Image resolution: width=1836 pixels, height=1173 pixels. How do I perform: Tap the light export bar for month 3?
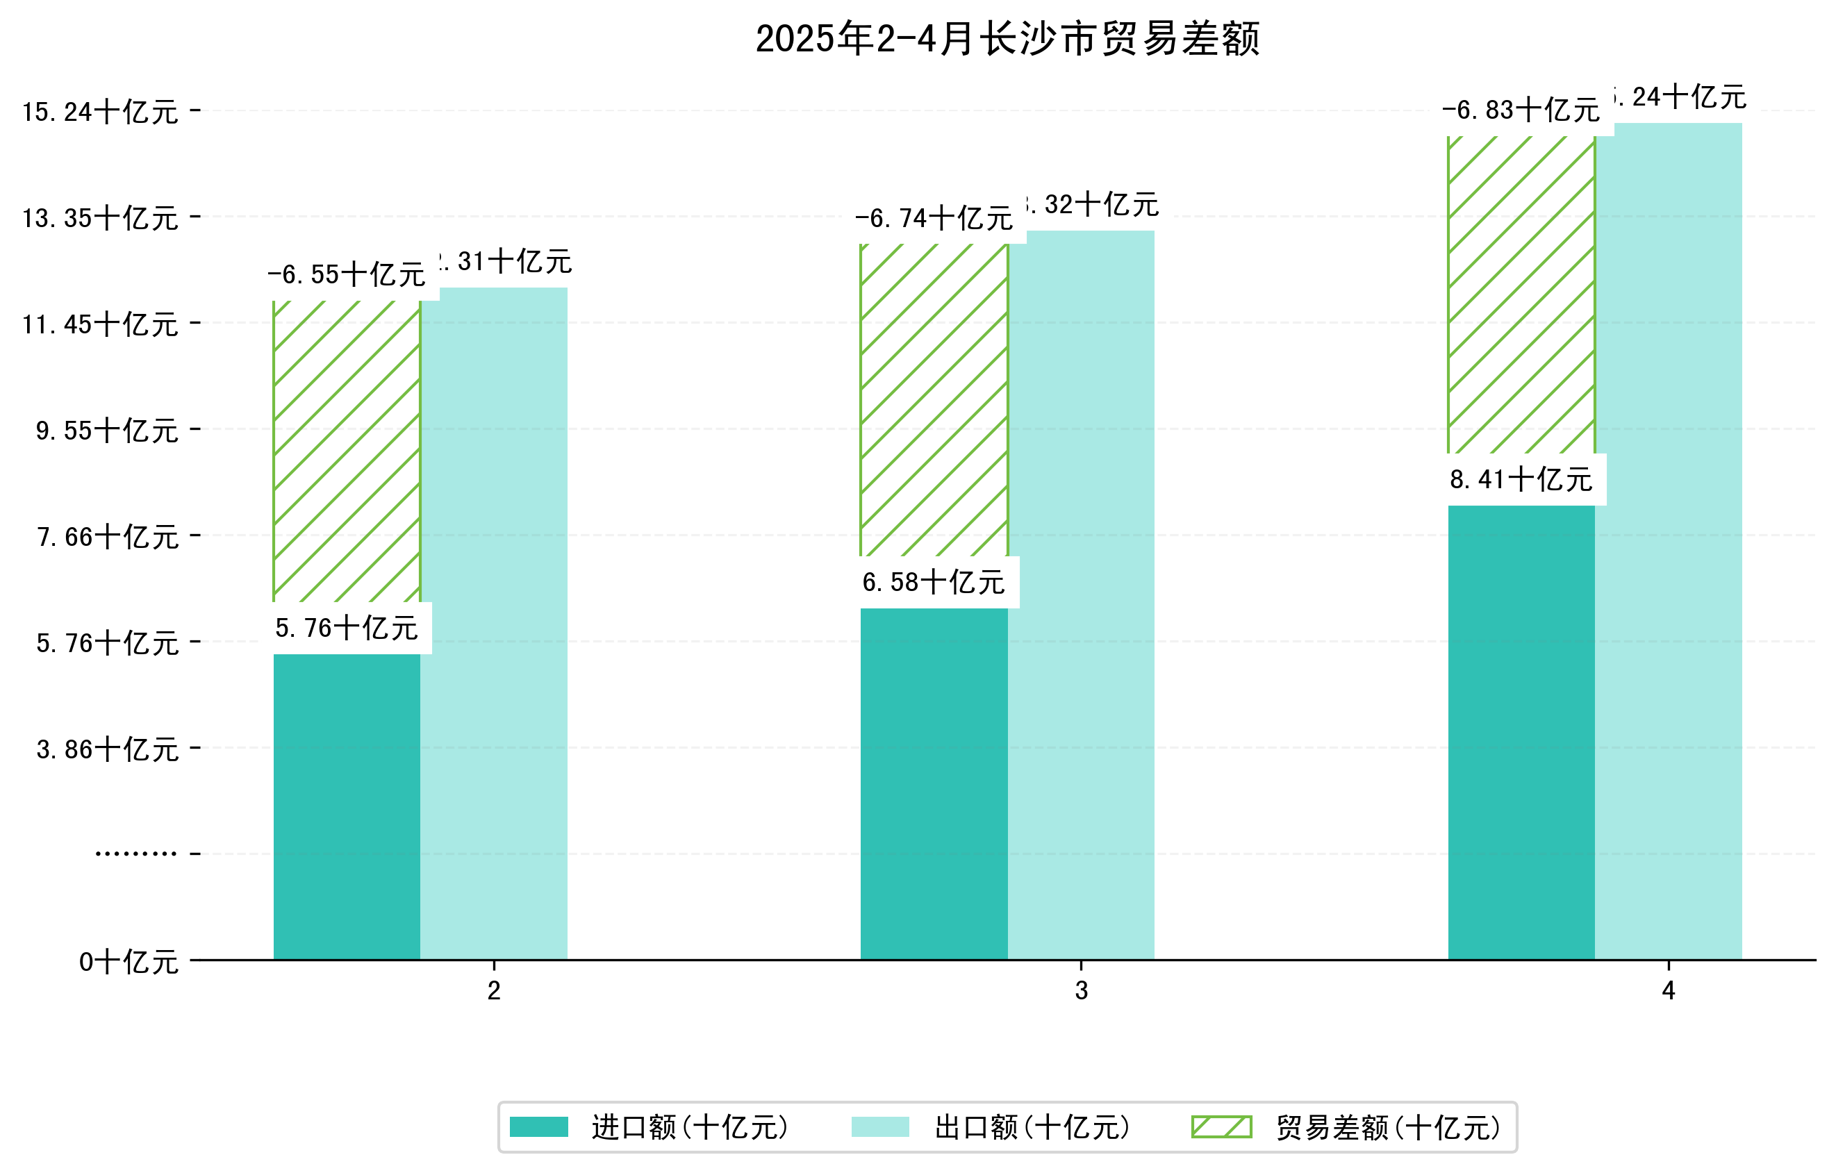(x=1080, y=594)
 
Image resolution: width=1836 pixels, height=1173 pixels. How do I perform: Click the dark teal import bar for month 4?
(x=1521, y=732)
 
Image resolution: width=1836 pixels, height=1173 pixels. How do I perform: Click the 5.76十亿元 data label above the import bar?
(x=346, y=628)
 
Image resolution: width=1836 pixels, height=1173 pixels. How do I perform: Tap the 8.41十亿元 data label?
(x=1521, y=479)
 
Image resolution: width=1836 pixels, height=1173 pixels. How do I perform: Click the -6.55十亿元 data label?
(x=346, y=274)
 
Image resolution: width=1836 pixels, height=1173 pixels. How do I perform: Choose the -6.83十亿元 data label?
(x=1521, y=110)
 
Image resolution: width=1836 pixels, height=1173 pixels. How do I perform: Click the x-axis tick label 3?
(x=1080, y=991)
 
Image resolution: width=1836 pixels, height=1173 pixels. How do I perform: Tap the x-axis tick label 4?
(x=1669, y=991)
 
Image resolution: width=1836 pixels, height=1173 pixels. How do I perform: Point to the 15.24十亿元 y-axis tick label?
(x=100, y=112)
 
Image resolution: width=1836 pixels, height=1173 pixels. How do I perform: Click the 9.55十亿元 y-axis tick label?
(x=107, y=431)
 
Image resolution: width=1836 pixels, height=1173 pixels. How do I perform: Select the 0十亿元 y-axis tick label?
(x=128, y=962)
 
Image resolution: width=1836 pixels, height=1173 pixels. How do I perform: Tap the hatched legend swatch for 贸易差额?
(x=1221, y=1126)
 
